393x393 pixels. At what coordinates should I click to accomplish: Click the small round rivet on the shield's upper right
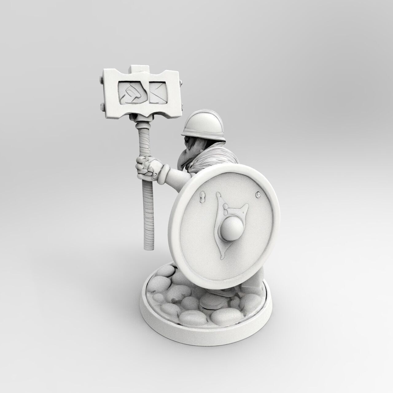[x=258, y=194]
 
